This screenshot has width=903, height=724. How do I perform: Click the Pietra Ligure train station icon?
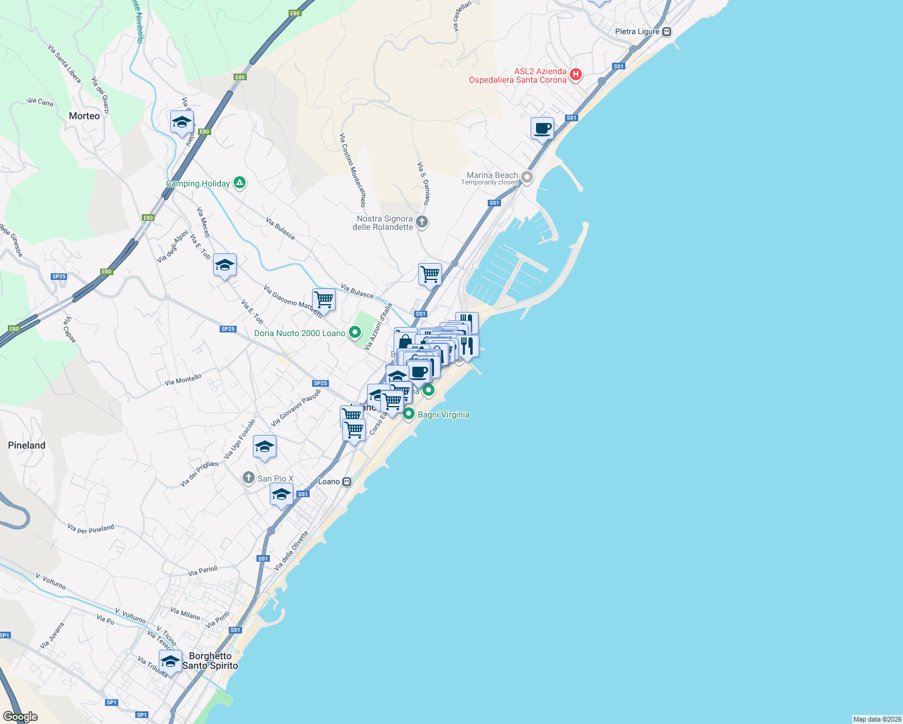[667, 32]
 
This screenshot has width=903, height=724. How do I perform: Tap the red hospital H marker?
[576, 75]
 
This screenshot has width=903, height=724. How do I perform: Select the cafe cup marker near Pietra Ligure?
[542, 129]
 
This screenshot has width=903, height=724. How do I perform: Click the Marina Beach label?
[492, 176]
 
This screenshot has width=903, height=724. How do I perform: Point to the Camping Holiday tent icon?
[240, 182]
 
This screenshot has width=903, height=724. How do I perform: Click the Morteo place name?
[85, 116]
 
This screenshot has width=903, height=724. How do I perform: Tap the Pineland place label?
[27, 445]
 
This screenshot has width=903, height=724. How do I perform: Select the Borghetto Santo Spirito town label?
[210, 661]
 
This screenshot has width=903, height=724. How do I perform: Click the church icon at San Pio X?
[248, 478]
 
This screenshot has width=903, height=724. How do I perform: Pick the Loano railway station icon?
[346, 481]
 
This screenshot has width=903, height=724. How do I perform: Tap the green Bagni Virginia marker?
[409, 414]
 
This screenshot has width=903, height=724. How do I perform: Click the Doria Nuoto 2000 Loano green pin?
[356, 332]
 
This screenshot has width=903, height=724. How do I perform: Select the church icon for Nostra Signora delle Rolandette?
[422, 222]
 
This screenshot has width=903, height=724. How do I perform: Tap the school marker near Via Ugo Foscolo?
[264, 447]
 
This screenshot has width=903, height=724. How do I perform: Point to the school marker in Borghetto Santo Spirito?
[170, 661]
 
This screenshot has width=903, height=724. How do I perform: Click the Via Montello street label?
[183, 380]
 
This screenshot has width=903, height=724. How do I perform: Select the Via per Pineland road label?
[91, 529]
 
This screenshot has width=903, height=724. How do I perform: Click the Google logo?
[21, 717]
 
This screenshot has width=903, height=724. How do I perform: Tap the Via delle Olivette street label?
[291, 551]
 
